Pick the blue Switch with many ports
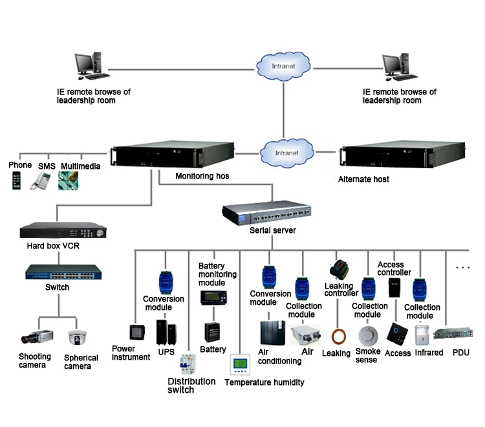tap(57, 272)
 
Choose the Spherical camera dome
tap(78, 338)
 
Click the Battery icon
tap(212, 333)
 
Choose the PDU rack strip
tap(451, 335)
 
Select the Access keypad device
tap(396, 333)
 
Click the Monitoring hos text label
tap(202, 176)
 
